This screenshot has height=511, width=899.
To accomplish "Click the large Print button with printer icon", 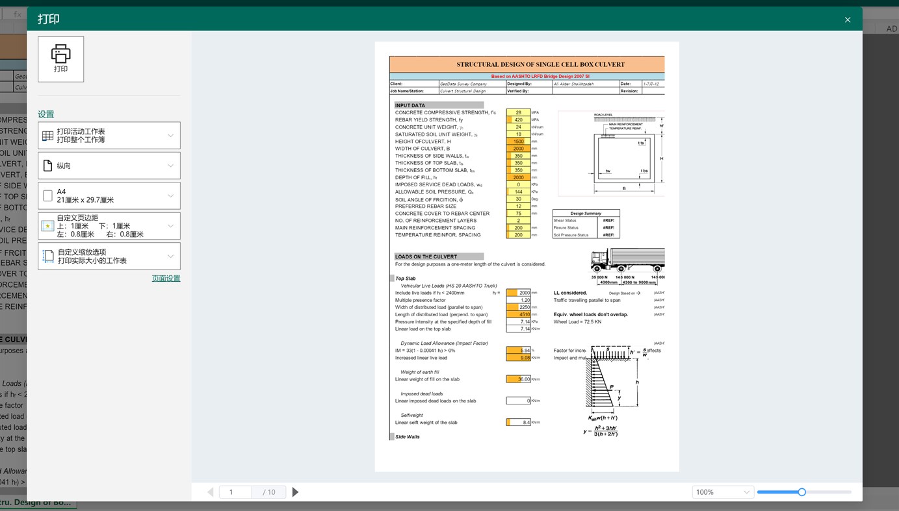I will pyautogui.click(x=60, y=59).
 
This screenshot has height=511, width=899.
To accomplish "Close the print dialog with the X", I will pyautogui.click(x=847, y=19).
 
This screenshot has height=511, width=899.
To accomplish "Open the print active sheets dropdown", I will pyautogui.click(x=109, y=136).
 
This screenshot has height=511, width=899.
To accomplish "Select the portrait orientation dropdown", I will pyautogui.click(x=109, y=166).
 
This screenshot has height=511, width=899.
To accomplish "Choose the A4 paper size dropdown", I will pyautogui.click(x=109, y=195).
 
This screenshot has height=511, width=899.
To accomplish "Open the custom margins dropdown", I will pyautogui.click(x=109, y=226).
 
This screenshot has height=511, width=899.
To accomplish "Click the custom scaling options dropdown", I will pyautogui.click(x=109, y=256).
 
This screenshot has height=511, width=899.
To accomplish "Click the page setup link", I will pyautogui.click(x=166, y=279).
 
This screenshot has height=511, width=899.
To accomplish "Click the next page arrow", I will pyautogui.click(x=295, y=492).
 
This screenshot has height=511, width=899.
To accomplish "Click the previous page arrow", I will pyautogui.click(x=210, y=492).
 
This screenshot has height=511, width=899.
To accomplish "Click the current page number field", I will pyautogui.click(x=235, y=492).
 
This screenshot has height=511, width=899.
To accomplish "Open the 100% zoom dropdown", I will pyautogui.click(x=722, y=492).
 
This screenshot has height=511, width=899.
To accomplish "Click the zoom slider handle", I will pyautogui.click(x=801, y=492).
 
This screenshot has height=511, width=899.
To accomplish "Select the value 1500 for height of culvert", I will pyautogui.click(x=518, y=142).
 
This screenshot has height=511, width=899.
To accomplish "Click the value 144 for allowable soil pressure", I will pyautogui.click(x=518, y=192).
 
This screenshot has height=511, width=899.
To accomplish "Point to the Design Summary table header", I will pyautogui.click(x=586, y=213).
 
